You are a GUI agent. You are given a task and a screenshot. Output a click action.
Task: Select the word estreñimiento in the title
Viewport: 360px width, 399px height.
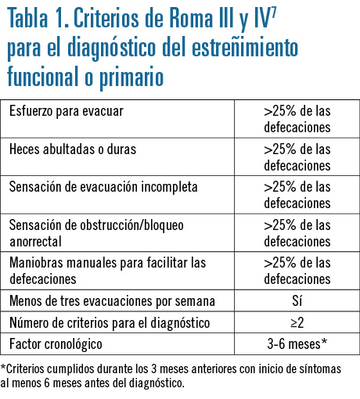tap(245, 47)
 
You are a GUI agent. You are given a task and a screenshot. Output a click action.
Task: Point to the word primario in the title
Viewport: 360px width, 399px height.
tap(131, 76)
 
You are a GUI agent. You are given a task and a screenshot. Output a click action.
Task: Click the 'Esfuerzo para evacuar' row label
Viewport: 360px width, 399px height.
tap(67, 111)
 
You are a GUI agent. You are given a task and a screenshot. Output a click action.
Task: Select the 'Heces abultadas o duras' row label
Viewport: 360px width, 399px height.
tap(73, 149)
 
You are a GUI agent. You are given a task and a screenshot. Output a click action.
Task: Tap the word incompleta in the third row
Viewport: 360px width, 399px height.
tap(169, 187)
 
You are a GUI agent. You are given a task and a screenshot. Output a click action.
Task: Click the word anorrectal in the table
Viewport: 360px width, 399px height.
tap(35, 242)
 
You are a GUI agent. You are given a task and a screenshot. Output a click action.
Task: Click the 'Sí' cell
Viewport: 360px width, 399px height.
tap(297, 300)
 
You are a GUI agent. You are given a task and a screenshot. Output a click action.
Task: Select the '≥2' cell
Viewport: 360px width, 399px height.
tap(297, 323)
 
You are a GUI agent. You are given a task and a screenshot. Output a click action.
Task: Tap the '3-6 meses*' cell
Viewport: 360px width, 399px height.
tap(297, 343)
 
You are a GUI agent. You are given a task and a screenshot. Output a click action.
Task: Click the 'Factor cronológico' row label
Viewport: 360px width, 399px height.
tap(56, 344)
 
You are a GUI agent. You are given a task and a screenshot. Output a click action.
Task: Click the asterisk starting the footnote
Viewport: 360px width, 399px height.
tap(3, 367)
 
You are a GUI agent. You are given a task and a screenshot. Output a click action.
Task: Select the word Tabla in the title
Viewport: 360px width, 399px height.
tap(27, 18)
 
